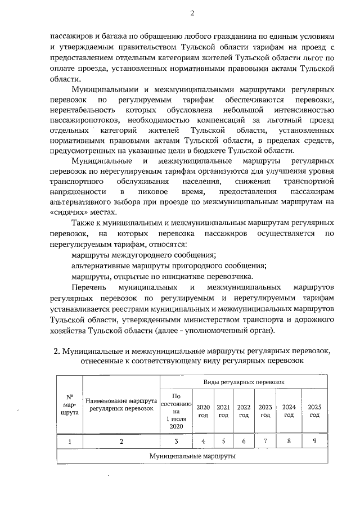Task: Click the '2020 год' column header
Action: tap(203, 411)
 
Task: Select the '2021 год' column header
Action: tap(223, 411)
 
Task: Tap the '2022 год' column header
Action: tap(244, 411)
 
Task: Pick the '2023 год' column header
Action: tap(265, 411)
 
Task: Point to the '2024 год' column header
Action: tap(289, 411)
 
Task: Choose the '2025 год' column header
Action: tap(314, 411)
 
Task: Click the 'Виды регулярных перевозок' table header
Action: tap(244, 382)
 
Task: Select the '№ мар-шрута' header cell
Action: tap(70, 403)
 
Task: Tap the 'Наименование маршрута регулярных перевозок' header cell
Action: tap(121, 403)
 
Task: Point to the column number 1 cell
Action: tap(70, 442)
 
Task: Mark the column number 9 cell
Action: tap(314, 442)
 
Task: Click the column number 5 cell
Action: tap(223, 442)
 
